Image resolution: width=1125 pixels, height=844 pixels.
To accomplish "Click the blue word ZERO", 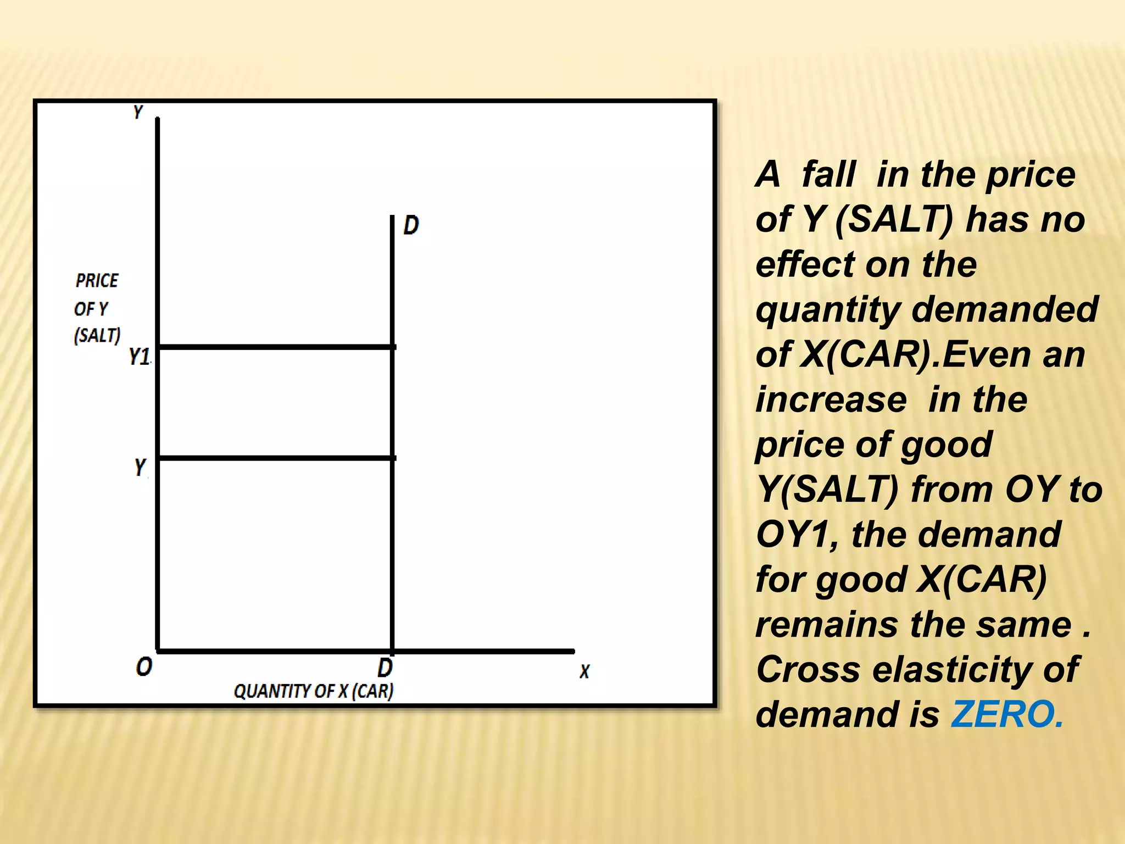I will pos(1007,714).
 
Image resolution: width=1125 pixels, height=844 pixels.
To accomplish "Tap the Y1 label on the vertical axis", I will pos(140,357).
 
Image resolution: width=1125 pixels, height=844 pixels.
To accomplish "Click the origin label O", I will pos(144,667).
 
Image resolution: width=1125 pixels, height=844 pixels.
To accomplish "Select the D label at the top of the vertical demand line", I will pos(411,225).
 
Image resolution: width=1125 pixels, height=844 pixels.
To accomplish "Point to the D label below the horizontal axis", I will pos(385,668).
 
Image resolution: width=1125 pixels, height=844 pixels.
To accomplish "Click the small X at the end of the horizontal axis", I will pos(584,671).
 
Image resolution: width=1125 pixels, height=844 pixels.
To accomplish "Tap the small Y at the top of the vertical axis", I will pos(138,112).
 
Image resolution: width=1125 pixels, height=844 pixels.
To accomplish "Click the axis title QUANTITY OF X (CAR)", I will pos(314,691).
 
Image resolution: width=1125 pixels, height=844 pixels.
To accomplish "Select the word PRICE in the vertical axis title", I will pos(97,281).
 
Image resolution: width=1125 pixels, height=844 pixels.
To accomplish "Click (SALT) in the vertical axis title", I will pos(97,335).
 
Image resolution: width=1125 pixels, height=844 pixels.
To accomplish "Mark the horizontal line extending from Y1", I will pos(275,347).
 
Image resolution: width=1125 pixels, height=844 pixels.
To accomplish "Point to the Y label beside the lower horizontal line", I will pos(140,468).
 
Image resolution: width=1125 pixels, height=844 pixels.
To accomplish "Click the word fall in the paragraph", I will pos(828,175).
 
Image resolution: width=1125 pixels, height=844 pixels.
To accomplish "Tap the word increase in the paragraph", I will pos(831,399).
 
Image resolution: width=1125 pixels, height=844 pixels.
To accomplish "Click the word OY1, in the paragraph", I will pos(797,535).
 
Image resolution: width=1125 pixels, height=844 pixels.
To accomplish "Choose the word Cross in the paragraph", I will pos(807,670).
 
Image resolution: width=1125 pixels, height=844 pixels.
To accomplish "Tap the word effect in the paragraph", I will pos(805,264).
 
